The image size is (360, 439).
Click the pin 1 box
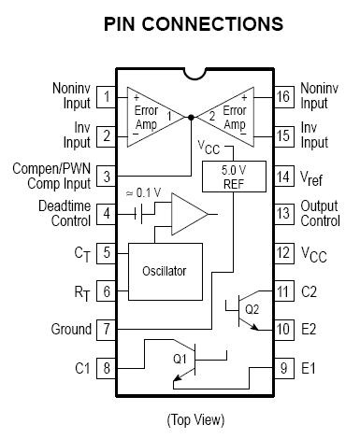[x=107, y=97]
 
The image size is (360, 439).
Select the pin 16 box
[x=283, y=97]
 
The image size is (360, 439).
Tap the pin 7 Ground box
[x=107, y=330]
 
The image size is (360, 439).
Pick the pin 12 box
[x=283, y=253]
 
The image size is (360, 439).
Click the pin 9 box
[x=283, y=368]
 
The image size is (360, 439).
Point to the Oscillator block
[x=166, y=272]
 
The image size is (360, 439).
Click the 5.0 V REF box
[x=234, y=177]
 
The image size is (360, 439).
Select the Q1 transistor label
[x=180, y=359]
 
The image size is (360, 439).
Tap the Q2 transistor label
[x=252, y=309]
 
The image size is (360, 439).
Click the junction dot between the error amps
[x=191, y=117]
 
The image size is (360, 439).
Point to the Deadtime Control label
[x=65, y=214]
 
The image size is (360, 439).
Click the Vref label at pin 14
[x=311, y=178]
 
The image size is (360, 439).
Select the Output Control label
[x=320, y=214]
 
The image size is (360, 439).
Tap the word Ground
[x=71, y=330]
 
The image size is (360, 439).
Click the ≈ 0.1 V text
[x=144, y=193]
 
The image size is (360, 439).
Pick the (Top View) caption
[x=195, y=420]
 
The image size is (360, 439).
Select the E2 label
[x=309, y=330]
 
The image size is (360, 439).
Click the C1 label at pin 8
[x=82, y=368]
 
